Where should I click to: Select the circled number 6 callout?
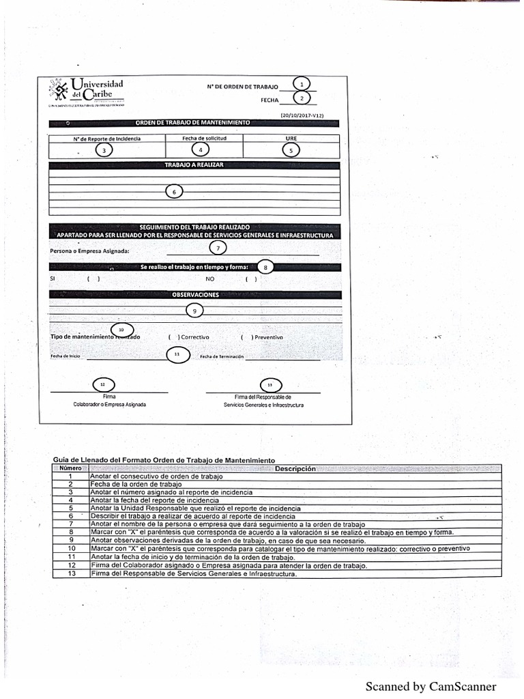coord(175,192)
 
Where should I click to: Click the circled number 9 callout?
coord(194,311)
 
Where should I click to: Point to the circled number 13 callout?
coord(270,386)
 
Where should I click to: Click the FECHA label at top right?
coord(270,100)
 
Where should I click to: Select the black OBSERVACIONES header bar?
coord(195,294)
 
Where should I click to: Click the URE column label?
coord(291,138)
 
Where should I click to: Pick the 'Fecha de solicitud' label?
coord(204,138)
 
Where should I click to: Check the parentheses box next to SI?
coord(93,279)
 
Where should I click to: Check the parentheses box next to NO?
coord(251,279)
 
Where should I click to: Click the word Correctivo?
coord(195,337)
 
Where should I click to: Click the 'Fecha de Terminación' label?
coord(221,356)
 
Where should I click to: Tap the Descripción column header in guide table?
coord(295,469)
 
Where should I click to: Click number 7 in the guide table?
coord(70,524)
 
